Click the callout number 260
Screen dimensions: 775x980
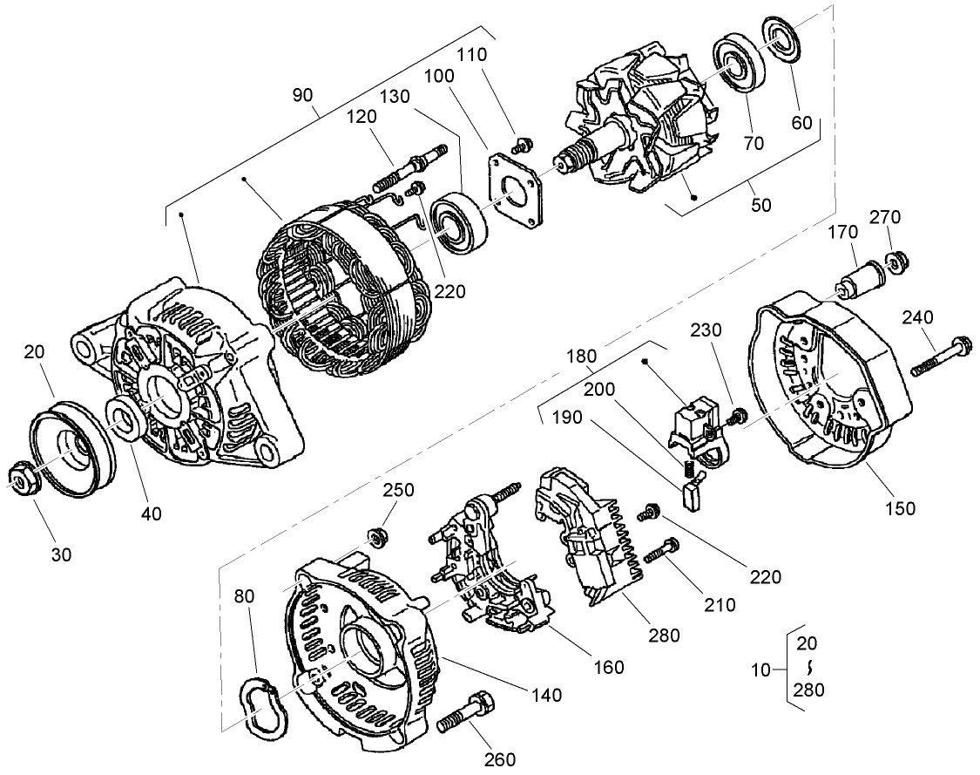pos(500,758)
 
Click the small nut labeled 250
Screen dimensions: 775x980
pos(377,536)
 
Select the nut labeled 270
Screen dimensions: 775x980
pos(897,260)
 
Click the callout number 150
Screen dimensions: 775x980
pos(900,508)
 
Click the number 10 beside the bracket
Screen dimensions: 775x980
pos(761,670)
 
